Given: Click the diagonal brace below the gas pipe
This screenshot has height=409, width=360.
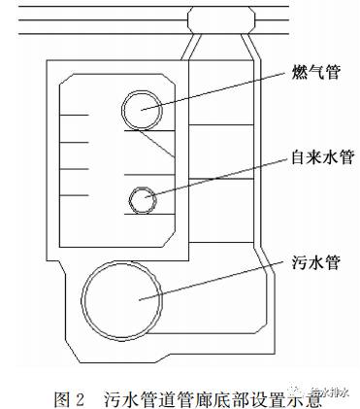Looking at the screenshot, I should coord(155,142).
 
